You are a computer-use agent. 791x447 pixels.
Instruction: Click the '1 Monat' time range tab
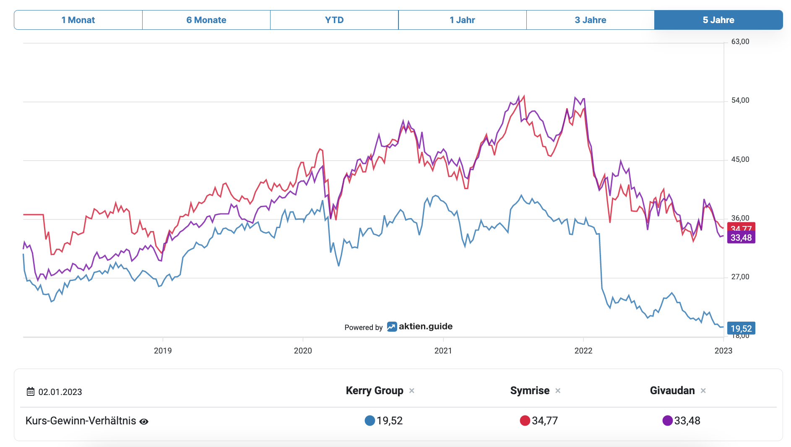click(x=78, y=20)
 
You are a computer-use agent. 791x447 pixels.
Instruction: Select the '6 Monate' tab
click(x=206, y=20)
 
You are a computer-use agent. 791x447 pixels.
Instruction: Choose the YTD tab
click(x=334, y=20)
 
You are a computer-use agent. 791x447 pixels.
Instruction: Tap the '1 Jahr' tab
click(x=462, y=20)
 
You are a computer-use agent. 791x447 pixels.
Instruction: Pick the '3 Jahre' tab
click(x=590, y=20)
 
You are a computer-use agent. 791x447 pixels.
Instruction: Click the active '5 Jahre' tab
click(x=718, y=20)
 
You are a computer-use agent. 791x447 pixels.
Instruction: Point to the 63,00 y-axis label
click(x=740, y=42)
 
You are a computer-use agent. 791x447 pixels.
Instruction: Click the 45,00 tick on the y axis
click(x=740, y=159)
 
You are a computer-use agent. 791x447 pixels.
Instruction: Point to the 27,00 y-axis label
click(x=740, y=277)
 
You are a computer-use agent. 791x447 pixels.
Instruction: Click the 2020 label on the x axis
click(x=303, y=351)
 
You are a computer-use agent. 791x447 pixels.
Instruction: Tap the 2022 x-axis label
click(x=583, y=351)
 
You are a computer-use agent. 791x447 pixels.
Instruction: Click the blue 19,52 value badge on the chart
click(x=741, y=328)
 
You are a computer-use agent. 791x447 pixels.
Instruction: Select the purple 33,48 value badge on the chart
click(x=741, y=238)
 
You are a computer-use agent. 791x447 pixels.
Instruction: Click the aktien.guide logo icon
click(x=392, y=327)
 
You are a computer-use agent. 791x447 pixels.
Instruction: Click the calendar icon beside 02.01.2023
click(x=31, y=392)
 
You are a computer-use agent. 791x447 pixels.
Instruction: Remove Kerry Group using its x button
click(x=412, y=391)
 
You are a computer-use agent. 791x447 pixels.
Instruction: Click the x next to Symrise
click(x=558, y=391)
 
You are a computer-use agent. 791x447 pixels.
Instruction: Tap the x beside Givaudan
click(x=703, y=391)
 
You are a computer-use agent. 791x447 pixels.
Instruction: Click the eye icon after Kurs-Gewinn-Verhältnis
click(x=144, y=421)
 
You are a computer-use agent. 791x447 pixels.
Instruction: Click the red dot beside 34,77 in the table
click(x=525, y=421)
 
